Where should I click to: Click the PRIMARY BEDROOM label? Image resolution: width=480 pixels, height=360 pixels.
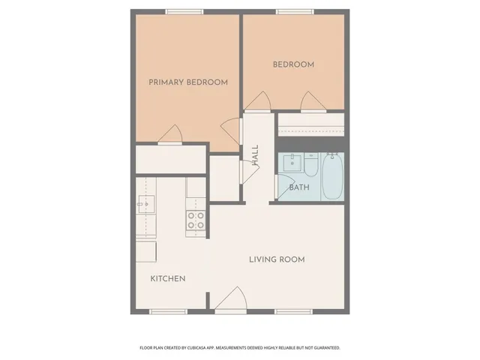pos(187,82)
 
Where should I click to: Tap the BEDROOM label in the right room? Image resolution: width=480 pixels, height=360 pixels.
pos(292,65)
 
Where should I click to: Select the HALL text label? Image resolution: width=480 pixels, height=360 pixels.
pos(255,155)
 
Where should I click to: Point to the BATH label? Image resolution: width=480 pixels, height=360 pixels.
pos(298,187)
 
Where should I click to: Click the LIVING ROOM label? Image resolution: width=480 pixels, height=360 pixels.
pos(277,259)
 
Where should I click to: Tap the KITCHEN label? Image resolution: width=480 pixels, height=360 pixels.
pos(168,279)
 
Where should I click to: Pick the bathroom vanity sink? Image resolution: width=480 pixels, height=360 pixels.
pos(290,162)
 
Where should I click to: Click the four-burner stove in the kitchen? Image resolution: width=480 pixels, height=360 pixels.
pos(196,220)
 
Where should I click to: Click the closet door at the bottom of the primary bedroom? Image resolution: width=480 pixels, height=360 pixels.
pos(170,134)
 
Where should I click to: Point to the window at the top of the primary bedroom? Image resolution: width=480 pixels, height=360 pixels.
pos(185,11)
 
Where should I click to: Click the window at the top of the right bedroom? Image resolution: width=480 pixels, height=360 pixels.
pos(293,11)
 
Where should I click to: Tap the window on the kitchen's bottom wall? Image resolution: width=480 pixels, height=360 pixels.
pos(168,311)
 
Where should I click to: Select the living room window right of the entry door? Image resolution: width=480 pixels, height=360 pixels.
pos(292,311)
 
